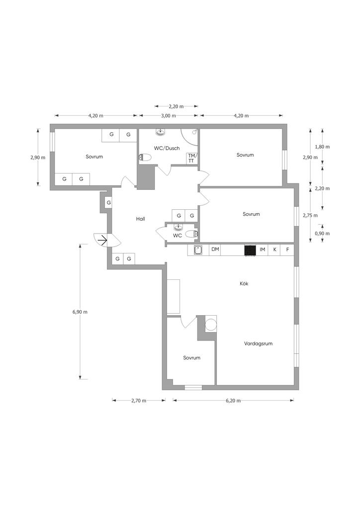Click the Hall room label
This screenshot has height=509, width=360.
141,219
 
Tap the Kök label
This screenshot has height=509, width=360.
244,284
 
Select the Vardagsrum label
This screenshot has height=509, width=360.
259,344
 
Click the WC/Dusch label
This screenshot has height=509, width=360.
167,148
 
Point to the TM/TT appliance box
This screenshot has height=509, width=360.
192,159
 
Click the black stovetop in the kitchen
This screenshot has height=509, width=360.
250,251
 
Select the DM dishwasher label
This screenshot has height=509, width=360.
215,250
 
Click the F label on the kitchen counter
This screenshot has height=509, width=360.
287,250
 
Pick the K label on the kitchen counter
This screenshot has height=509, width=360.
275,250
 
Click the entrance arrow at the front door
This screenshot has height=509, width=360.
102,241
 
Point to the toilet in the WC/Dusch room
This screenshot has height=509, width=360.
145,158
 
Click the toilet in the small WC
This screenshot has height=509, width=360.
192,234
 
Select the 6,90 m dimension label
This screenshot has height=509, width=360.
80,312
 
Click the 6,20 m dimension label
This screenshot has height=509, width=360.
233,401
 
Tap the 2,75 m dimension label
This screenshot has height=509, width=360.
310,216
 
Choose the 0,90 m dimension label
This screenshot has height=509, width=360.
322,234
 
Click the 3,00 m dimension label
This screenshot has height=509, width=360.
169,116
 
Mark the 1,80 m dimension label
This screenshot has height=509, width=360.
322,147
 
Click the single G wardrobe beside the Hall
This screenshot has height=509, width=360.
109,203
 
